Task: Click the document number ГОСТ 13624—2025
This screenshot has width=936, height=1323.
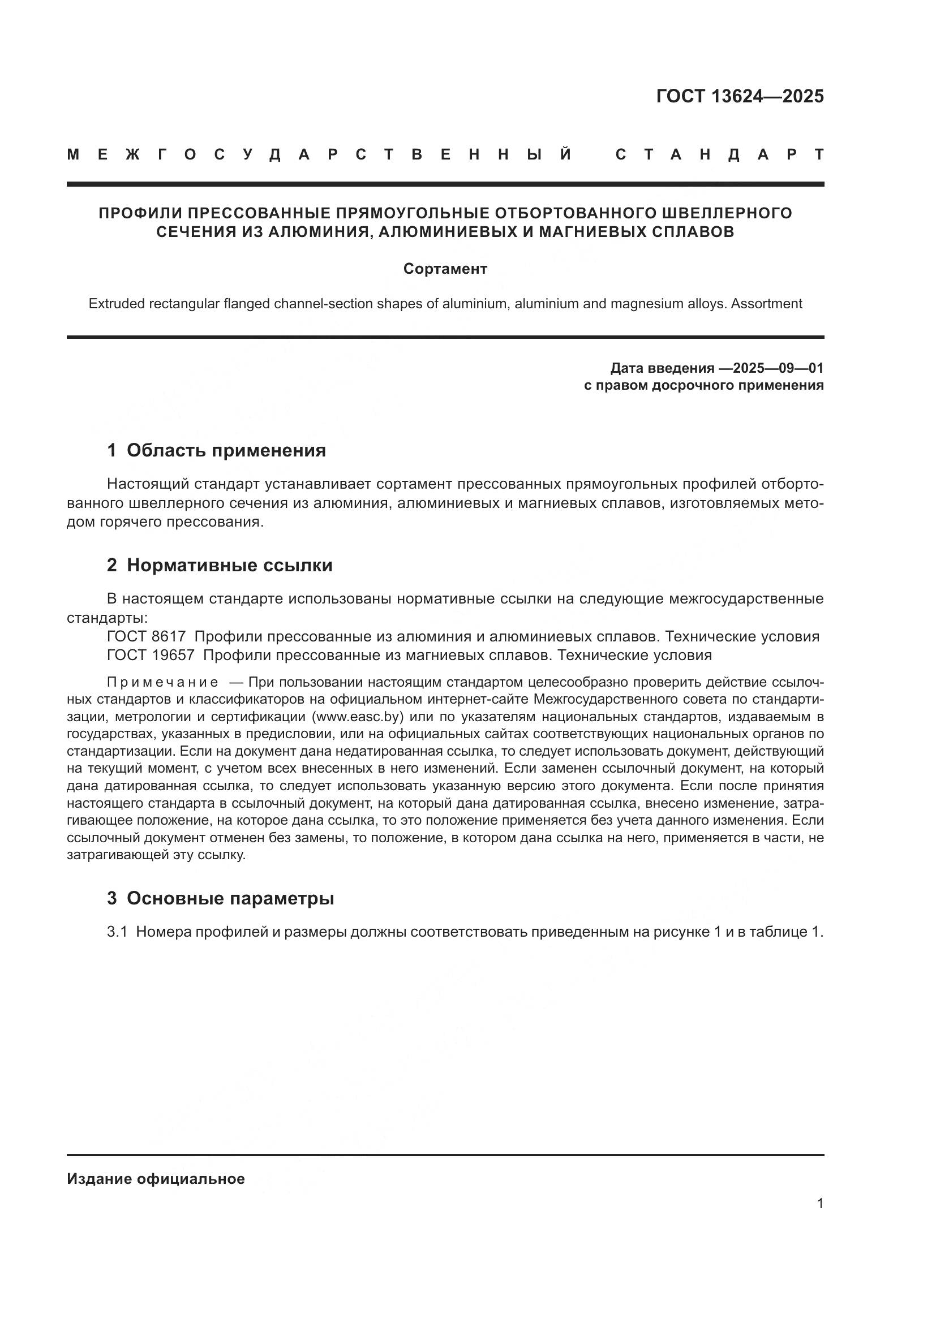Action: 740,96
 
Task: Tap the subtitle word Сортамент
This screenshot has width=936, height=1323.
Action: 445,269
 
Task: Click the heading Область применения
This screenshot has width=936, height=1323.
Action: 226,450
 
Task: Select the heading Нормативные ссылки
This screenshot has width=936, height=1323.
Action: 229,565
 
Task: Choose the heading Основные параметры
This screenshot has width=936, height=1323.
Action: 230,898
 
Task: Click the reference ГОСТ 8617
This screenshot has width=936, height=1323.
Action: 147,637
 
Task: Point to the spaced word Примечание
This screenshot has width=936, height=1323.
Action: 162,683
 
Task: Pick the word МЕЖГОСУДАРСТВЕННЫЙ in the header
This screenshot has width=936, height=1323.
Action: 319,155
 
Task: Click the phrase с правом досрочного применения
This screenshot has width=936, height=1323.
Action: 703,385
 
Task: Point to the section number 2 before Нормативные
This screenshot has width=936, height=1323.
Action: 112,565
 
